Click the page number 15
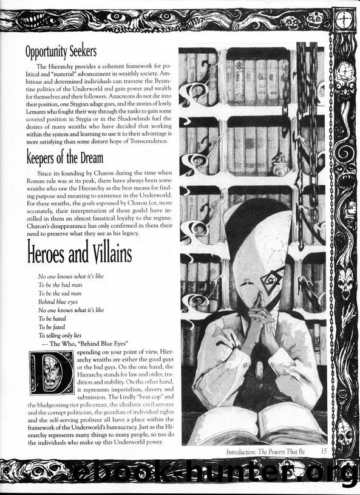point(324,451)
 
